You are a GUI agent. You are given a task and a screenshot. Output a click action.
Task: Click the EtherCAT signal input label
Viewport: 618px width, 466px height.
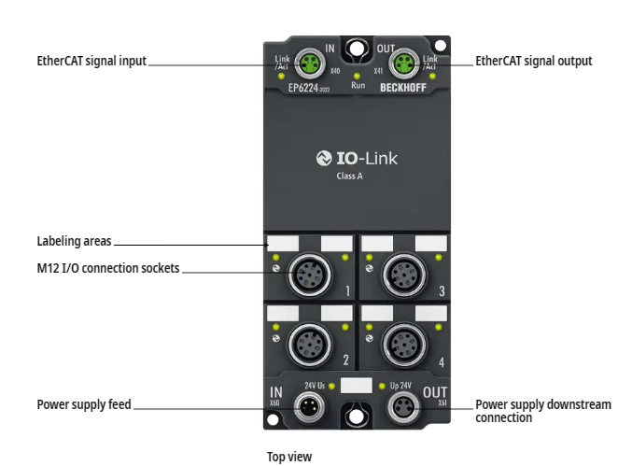(x=91, y=62)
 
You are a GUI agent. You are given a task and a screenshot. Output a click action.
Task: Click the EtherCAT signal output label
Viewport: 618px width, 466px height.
(x=533, y=62)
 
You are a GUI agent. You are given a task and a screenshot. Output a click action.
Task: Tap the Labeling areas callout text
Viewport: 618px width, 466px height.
(x=74, y=241)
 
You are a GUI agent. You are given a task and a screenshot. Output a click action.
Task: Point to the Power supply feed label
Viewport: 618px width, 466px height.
(x=84, y=405)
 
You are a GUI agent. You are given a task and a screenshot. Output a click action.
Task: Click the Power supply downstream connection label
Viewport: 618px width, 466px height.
(x=542, y=411)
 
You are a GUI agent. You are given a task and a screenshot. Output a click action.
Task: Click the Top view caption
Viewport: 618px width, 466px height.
(x=289, y=457)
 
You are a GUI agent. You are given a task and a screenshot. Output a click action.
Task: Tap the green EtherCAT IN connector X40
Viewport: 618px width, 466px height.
(x=310, y=63)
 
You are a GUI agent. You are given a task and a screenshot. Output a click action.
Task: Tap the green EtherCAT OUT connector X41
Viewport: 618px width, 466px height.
(x=403, y=63)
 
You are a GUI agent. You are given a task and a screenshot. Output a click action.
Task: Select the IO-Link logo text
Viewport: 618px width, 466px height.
(x=357, y=159)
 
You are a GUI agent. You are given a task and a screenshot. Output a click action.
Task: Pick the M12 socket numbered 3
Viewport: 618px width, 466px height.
(x=403, y=275)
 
